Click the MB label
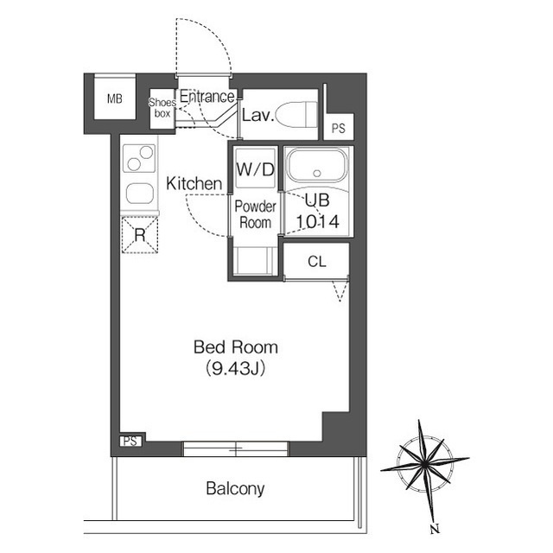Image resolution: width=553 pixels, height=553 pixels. click(x=115, y=99)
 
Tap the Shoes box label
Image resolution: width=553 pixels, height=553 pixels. click(x=162, y=108)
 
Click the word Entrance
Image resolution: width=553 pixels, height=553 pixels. click(x=207, y=96)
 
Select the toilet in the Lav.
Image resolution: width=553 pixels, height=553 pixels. click(x=296, y=115)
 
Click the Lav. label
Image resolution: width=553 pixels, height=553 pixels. click(x=257, y=115)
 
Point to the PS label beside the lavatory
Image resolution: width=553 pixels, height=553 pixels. click(x=338, y=129)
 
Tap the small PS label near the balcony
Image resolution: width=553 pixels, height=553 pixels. click(x=130, y=442)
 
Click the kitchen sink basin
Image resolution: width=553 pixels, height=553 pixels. click(x=140, y=194)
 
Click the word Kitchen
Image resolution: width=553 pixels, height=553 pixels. click(x=194, y=184)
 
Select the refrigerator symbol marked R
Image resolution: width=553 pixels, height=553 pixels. click(x=140, y=234)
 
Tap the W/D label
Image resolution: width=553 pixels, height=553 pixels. click(x=255, y=169)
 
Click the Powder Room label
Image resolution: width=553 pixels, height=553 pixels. click(x=256, y=214)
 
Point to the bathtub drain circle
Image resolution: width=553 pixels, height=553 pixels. click(x=317, y=173)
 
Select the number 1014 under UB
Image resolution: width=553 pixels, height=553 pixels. click(x=317, y=222)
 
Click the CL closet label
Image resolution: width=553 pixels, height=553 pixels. click(x=317, y=262)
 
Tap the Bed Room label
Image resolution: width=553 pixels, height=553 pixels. click(x=236, y=347)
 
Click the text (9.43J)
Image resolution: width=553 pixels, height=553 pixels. click(x=235, y=369)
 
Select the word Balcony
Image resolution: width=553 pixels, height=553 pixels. click(x=235, y=489)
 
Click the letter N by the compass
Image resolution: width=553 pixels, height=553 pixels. click(x=435, y=529)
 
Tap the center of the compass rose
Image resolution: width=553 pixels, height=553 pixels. click(x=424, y=464)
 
